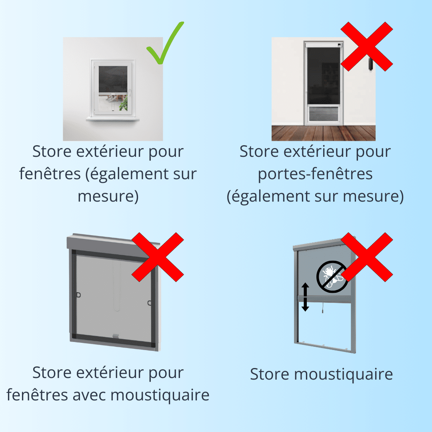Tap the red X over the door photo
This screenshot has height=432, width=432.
pos(367,46)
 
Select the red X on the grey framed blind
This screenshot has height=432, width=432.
pos(158,257)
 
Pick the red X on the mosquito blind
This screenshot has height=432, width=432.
pos(367,257)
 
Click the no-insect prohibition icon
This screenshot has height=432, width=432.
pos(332,277)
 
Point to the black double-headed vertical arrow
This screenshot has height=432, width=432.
pos(305,297)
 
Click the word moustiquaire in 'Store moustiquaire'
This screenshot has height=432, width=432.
pos(344,374)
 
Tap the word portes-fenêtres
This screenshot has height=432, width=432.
pos(315,174)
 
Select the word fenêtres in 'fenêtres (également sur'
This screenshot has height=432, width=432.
pos(50,174)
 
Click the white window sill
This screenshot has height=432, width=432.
pos(113,119)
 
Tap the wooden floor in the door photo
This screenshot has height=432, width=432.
pos(324,133)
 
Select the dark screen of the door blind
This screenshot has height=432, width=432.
pos(324,75)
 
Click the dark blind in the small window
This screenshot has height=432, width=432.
pos(113,80)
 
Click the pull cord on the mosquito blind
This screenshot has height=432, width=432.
pos(323,308)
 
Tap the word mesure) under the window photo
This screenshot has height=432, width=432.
pos(108,196)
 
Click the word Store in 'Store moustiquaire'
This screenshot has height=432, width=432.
pos(270,374)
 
